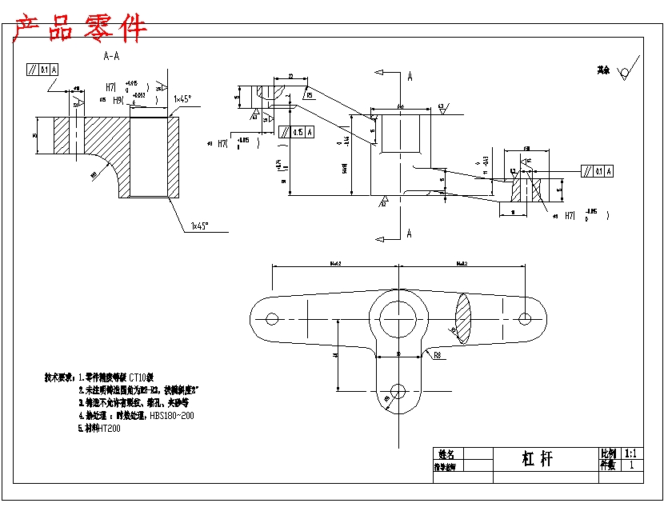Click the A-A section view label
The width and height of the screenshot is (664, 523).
pos(111,57)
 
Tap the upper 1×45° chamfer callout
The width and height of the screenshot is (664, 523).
pos(182,99)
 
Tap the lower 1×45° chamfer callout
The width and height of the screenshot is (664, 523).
pos(199,226)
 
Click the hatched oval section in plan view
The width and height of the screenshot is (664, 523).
pos(463,317)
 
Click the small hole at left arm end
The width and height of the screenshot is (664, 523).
pos(271,318)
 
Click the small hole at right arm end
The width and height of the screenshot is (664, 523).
pos(525,318)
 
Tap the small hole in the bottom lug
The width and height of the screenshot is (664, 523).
pos(397,391)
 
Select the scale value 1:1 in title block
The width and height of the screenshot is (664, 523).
pos(631,453)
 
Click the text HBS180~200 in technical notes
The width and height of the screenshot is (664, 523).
pos(172,416)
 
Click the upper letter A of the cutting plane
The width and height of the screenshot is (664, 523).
pos(410,77)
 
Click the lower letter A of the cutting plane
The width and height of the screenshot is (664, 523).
pos(410,234)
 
